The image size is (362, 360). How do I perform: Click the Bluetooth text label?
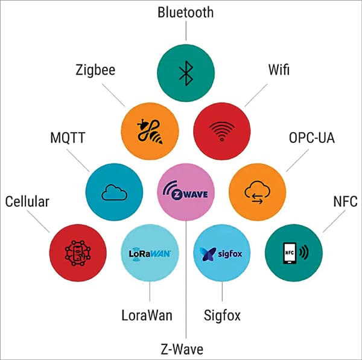185,12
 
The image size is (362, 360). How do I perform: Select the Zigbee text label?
97,71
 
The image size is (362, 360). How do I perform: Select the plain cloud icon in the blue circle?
114,192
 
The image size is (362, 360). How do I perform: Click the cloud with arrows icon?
258,192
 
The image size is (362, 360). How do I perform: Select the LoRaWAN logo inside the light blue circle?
150,253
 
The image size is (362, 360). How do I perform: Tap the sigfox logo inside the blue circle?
222,253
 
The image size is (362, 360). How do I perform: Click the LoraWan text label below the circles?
148,315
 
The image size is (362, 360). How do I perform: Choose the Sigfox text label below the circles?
222,315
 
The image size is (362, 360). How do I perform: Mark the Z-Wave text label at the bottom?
185,348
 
